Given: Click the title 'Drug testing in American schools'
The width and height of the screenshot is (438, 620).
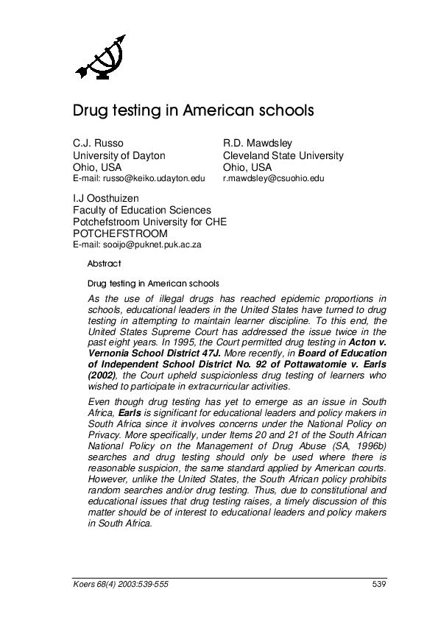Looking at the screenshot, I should pyautogui.click(x=193, y=111).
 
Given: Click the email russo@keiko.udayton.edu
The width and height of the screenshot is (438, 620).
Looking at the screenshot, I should pyautogui.click(x=138, y=178).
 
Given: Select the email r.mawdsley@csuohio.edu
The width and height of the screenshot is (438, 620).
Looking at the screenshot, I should pyautogui.click(x=273, y=178).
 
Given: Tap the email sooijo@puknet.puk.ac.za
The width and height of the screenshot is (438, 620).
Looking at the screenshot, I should pyautogui.click(x=136, y=244).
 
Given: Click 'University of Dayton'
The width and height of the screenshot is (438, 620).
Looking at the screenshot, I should pyautogui.click(x=119, y=155).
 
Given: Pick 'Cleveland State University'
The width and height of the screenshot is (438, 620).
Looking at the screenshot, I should pyautogui.click(x=283, y=155).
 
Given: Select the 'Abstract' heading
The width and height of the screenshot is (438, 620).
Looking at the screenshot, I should pyautogui.click(x=105, y=263).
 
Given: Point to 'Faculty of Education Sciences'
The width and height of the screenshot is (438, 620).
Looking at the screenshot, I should pyautogui.click(x=141, y=211).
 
